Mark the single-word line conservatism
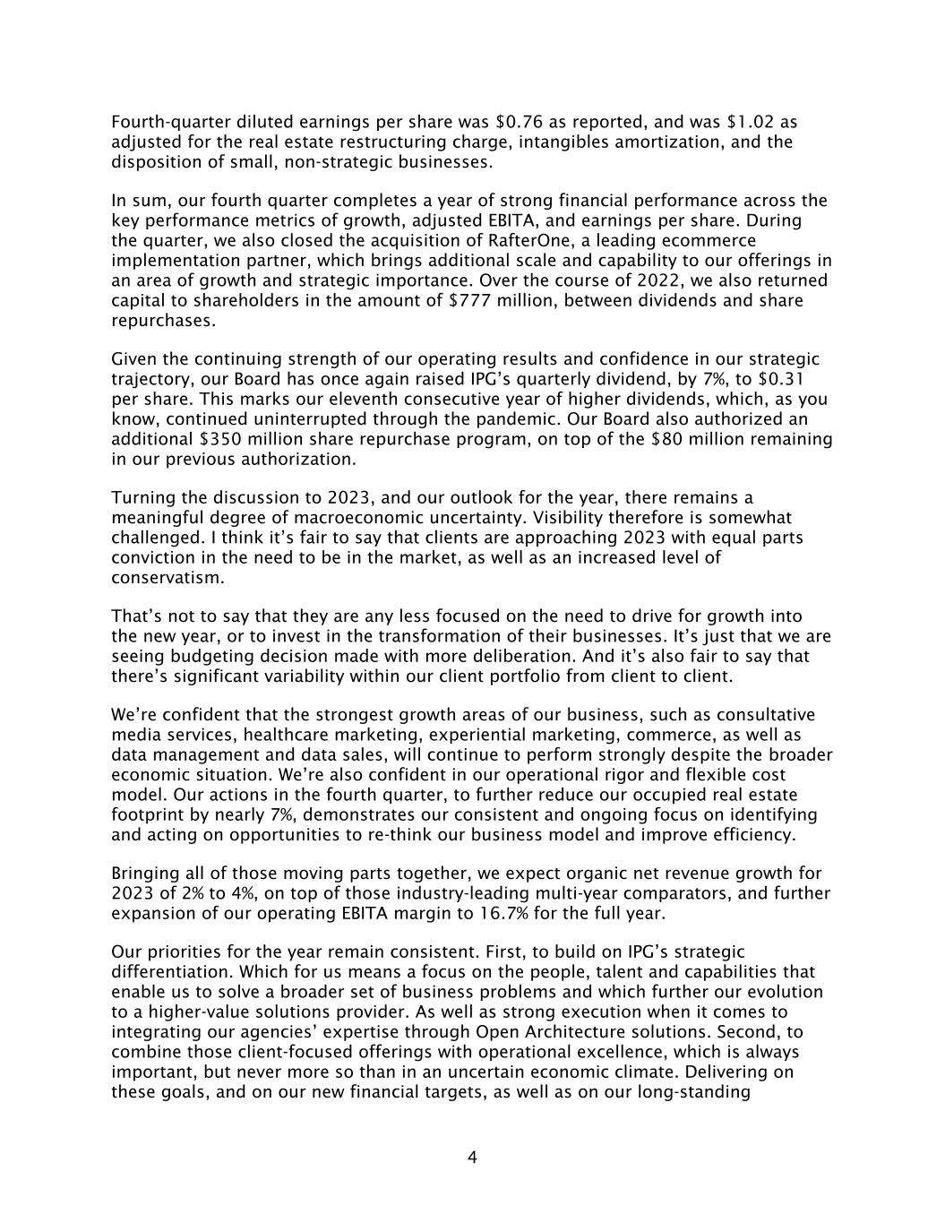click(168, 578)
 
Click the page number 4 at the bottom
click(472, 1158)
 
